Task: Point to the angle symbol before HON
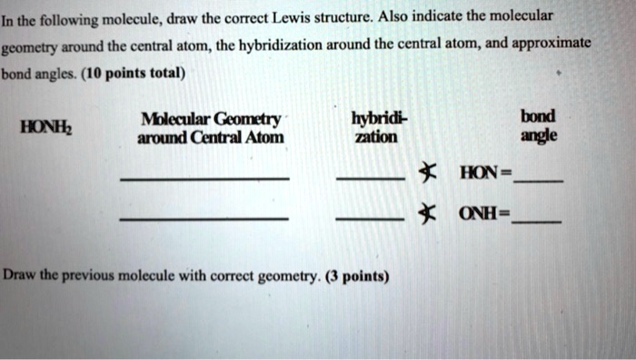(x=422, y=172)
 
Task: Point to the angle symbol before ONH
(x=422, y=216)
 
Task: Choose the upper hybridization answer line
(x=371, y=179)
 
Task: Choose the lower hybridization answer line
(x=371, y=222)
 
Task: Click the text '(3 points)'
(x=357, y=275)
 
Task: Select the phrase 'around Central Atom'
(x=210, y=138)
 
